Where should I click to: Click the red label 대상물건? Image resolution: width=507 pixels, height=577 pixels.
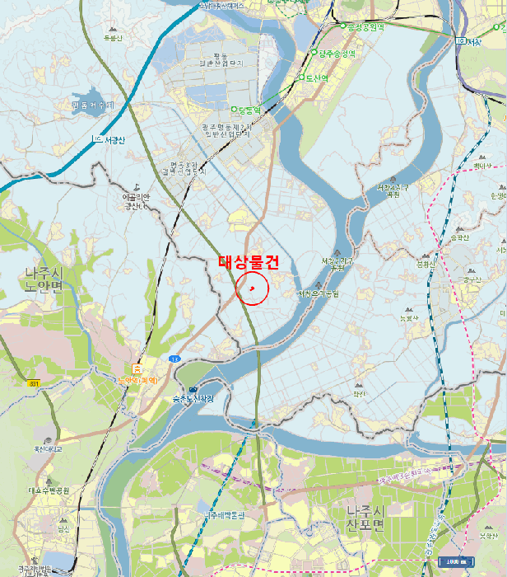tap(249, 262)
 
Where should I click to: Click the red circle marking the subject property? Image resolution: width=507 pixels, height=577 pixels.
tap(252, 288)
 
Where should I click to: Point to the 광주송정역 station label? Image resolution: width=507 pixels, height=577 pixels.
tap(336, 54)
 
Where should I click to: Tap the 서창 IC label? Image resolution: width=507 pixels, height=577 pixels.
tap(472, 41)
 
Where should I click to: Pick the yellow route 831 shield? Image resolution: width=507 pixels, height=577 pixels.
tap(34, 384)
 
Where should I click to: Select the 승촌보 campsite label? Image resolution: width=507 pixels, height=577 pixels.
tap(193, 400)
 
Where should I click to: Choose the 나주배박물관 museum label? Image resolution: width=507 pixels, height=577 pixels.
tap(225, 515)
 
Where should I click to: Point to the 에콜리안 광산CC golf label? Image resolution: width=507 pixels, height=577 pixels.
tap(134, 201)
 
